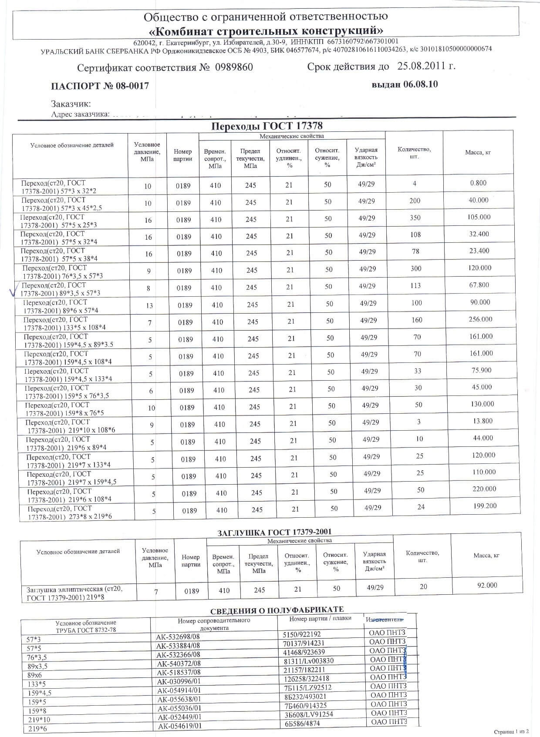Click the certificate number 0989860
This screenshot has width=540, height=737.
tap(233, 68)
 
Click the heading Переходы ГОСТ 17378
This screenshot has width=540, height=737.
tap(267, 126)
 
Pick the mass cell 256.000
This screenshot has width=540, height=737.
tap(480, 319)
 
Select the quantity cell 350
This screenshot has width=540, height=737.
tap(415, 218)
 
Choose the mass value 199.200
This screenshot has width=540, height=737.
tap(484, 506)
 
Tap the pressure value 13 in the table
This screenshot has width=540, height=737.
tap(149, 305)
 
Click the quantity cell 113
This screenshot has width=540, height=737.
tap(416, 285)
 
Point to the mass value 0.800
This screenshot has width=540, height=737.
tap(478, 183)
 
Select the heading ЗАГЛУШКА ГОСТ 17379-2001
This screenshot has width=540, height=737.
tap(274, 532)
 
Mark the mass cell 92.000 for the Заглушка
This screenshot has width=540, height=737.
tap(487, 585)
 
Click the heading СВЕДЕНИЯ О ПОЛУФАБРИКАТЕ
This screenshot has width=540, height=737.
tap(277, 610)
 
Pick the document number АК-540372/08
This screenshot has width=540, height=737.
tap(179, 663)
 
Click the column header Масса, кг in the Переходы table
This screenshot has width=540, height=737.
tap(478, 153)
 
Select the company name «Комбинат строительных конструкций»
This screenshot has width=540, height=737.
tap(266, 30)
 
